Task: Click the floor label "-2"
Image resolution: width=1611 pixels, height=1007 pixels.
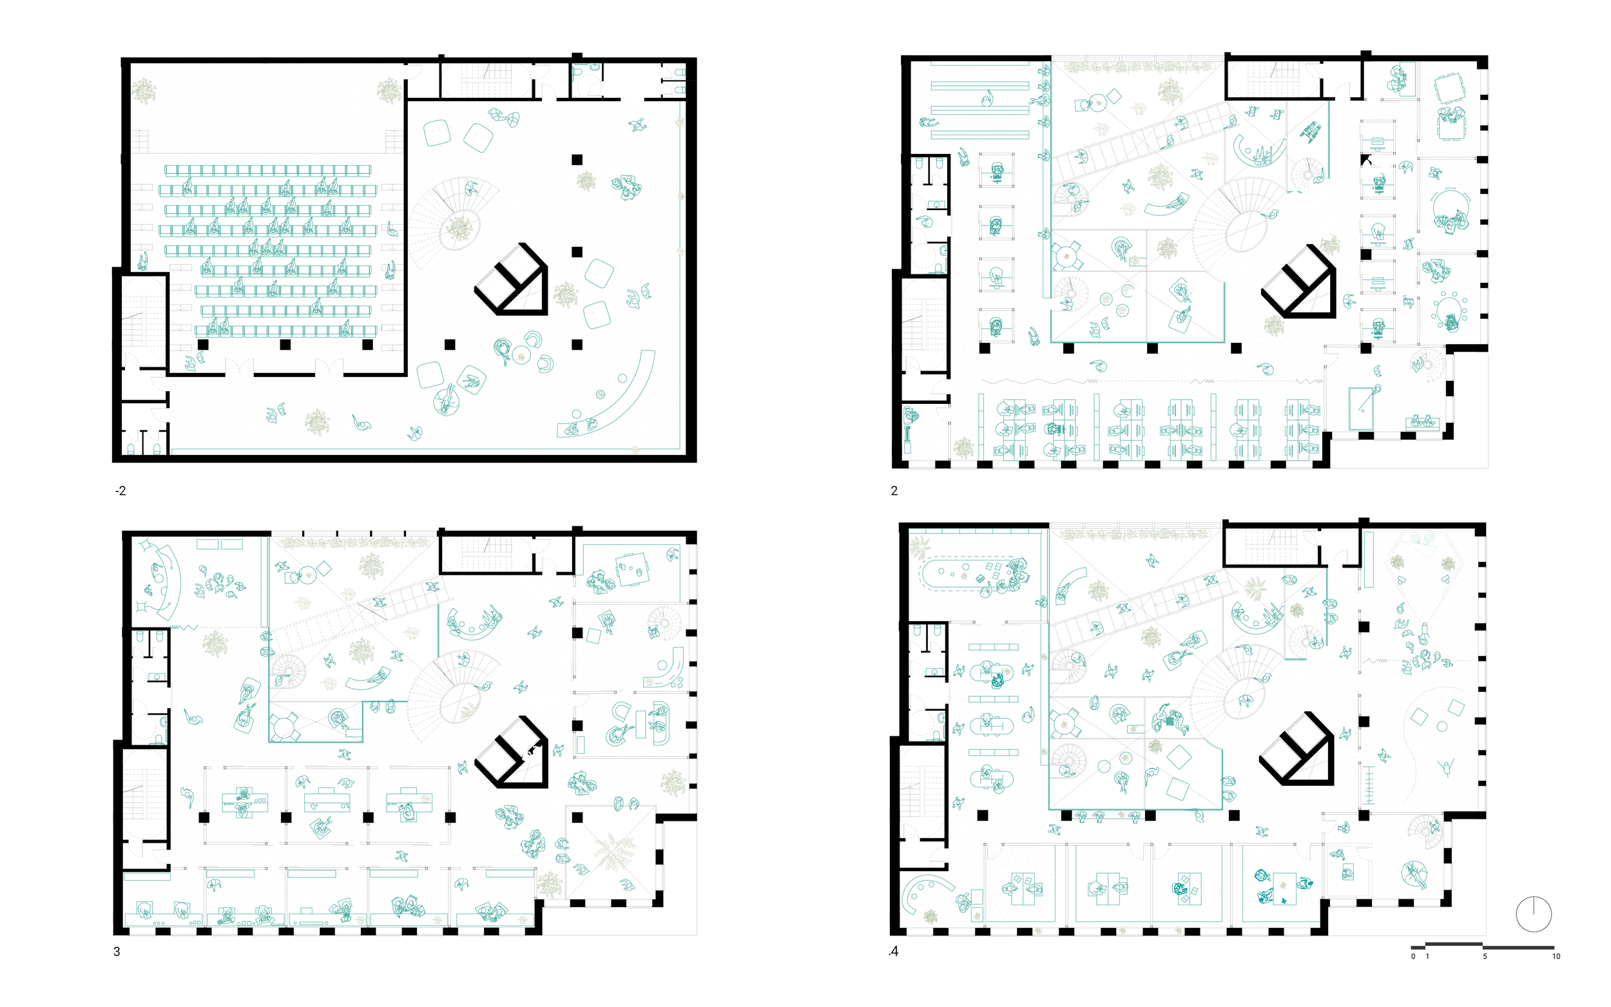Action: pyautogui.click(x=121, y=492)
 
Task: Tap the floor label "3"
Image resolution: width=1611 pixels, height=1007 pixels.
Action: pyautogui.click(x=117, y=952)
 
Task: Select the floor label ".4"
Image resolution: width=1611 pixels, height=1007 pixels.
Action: pyautogui.click(x=893, y=952)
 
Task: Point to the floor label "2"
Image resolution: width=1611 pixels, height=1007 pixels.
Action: pyautogui.click(x=894, y=492)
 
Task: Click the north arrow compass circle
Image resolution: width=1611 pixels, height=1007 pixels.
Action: pyautogui.click(x=1533, y=914)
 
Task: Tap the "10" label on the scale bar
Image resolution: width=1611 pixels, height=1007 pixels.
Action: pyautogui.click(x=1556, y=956)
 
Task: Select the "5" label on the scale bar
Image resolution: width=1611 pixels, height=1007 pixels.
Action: pyautogui.click(x=1485, y=956)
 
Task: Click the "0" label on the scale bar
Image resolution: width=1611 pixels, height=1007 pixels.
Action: pyautogui.click(x=1413, y=956)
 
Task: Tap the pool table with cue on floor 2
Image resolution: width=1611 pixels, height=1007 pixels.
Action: pyautogui.click(x=1361, y=408)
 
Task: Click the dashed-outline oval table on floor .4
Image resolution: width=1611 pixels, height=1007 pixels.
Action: pyautogui.click(x=969, y=573)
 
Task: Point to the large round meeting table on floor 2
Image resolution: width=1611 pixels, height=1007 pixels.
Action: pyautogui.click(x=1451, y=209)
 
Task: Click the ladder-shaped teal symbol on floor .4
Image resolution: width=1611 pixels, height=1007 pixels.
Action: pyautogui.click(x=1369, y=787)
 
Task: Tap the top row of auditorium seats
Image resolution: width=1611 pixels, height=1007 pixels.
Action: pyautogui.click(x=267, y=171)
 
